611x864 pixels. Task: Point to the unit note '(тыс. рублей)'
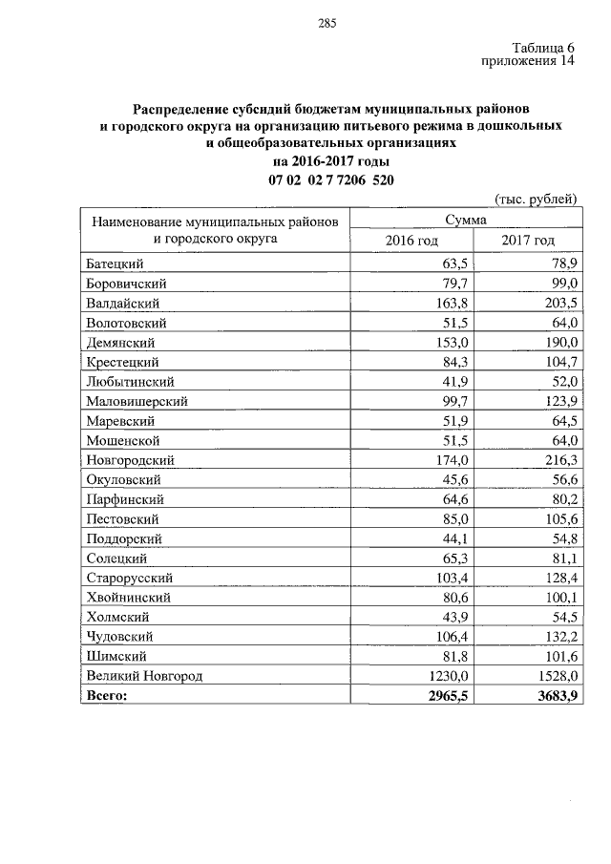536,199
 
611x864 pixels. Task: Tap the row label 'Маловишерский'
136,401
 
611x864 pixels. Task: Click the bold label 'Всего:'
106,696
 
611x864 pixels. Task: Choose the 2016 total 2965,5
440,696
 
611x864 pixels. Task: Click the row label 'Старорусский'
128,578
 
